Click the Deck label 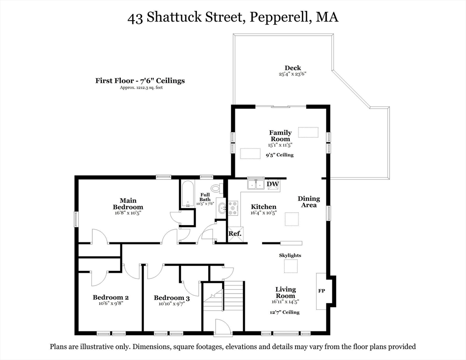(x=293, y=68)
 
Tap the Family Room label (x=280, y=136)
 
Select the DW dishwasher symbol (x=273, y=184)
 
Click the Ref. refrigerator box (x=235, y=233)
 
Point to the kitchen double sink (x=256, y=184)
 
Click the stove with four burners (x=233, y=208)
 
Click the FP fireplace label (x=322, y=291)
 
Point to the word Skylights (x=290, y=255)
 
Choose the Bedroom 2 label (x=111, y=297)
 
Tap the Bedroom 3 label (x=172, y=298)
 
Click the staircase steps (x=233, y=297)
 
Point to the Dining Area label (x=309, y=202)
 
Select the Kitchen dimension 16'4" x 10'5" (x=263, y=213)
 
